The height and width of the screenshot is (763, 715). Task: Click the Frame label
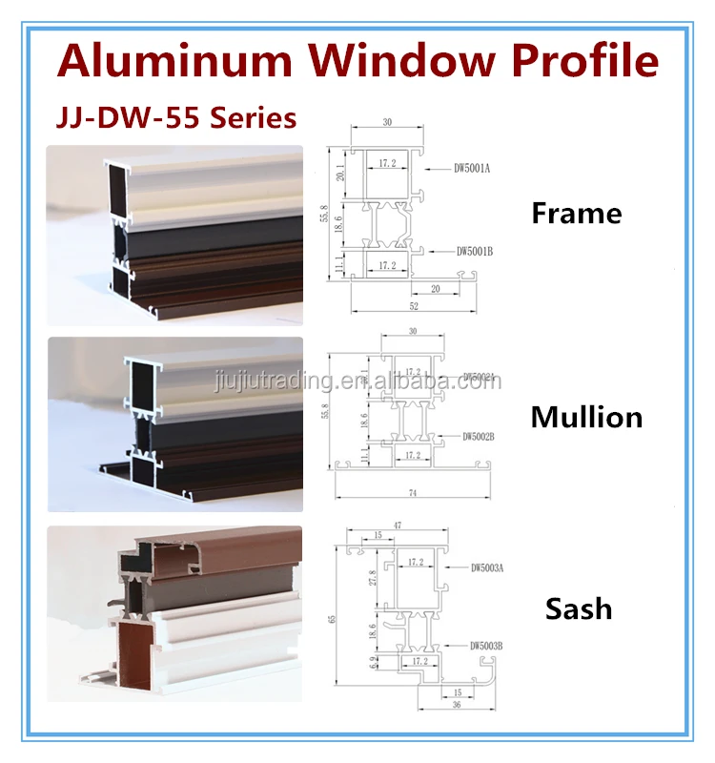coord(576,213)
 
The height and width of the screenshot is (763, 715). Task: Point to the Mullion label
coord(586,417)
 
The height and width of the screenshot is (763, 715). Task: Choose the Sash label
coord(579,608)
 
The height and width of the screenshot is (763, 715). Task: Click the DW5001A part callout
coord(471,170)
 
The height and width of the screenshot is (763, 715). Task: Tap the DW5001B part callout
coord(474,251)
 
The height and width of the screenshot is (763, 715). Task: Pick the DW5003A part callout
coord(486,568)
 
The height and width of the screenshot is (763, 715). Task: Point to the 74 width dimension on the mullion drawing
coord(413,493)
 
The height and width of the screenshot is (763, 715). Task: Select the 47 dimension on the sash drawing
coord(397,526)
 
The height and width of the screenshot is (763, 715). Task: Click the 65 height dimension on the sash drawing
coord(333,619)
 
